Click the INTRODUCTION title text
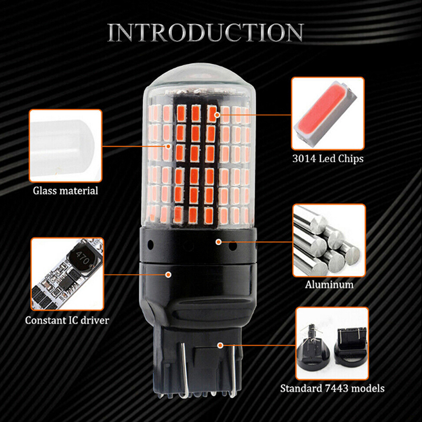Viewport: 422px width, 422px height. (x=206, y=32)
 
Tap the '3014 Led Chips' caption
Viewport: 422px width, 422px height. (x=328, y=159)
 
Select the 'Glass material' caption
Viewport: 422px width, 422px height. (x=65, y=190)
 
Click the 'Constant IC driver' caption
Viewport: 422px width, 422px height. (x=67, y=320)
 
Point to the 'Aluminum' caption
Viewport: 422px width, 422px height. (x=329, y=284)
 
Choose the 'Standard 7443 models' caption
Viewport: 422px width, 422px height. (x=332, y=388)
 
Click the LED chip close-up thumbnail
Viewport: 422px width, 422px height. (x=328, y=113)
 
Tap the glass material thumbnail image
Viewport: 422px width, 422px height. (x=65, y=146)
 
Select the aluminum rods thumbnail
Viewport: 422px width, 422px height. (x=329, y=241)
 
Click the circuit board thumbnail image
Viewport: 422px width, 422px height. (x=68, y=274)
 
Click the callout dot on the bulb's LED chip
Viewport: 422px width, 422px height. (x=217, y=115)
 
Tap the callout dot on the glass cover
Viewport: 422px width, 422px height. (x=168, y=146)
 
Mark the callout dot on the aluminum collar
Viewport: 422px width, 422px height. (x=218, y=242)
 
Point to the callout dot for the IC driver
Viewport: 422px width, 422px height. (x=168, y=274)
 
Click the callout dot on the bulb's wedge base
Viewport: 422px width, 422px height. (x=220, y=346)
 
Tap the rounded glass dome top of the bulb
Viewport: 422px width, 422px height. (x=199, y=78)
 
